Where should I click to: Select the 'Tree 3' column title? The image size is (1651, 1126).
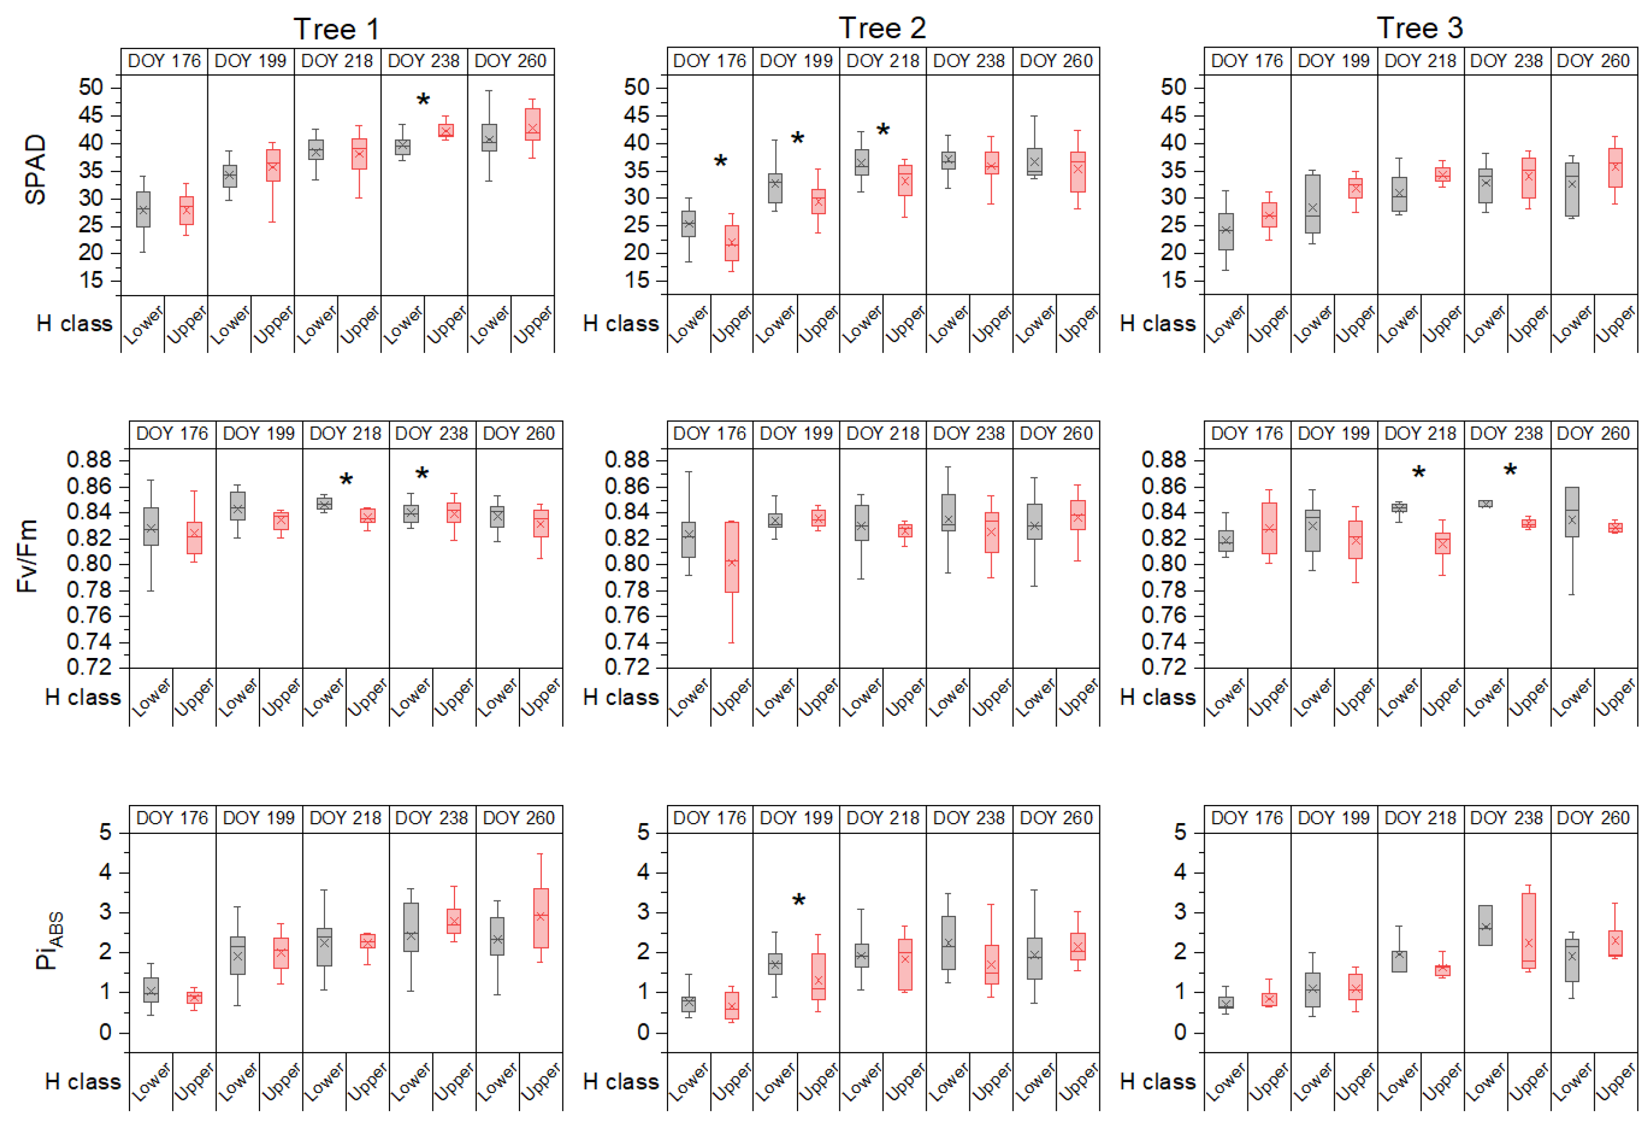click(1419, 28)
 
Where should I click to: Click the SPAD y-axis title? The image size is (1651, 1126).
click(35, 170)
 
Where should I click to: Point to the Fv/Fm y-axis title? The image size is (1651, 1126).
click(27, 557)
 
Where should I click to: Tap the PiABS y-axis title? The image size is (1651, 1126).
click(48, 941)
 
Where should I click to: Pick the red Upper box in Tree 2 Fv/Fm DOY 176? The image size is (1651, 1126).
click(732, 557)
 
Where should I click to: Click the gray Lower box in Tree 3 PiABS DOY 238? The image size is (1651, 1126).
click(1485, 925)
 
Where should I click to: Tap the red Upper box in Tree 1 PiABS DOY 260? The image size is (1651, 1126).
click(541, 918)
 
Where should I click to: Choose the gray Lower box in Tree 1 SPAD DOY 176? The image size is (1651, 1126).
click(143, 210)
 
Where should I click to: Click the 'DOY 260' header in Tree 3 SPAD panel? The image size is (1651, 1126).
click(1593, 61)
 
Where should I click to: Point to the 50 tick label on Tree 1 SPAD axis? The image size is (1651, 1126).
click(91, 87)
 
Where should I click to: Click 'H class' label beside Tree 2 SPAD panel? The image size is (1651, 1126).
click(620, 324)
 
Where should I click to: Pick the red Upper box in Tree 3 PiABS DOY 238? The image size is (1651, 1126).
click(1528, 930)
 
